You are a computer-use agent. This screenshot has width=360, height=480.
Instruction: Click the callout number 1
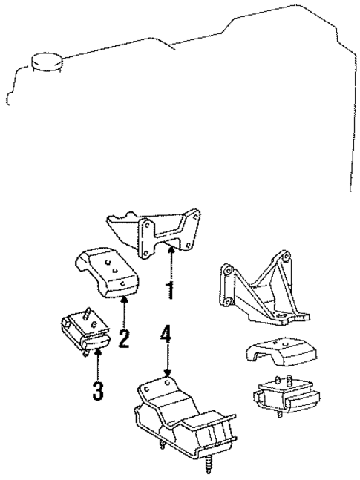tap(171, 289)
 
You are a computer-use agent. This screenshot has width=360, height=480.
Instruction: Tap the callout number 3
tap(98, 391)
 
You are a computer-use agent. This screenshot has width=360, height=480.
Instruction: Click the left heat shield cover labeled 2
tap(106, 274)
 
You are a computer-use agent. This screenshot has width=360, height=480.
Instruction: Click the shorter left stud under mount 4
tap(161, 446)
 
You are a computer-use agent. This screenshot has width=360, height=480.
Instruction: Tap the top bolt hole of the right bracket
tap(284, 258)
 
